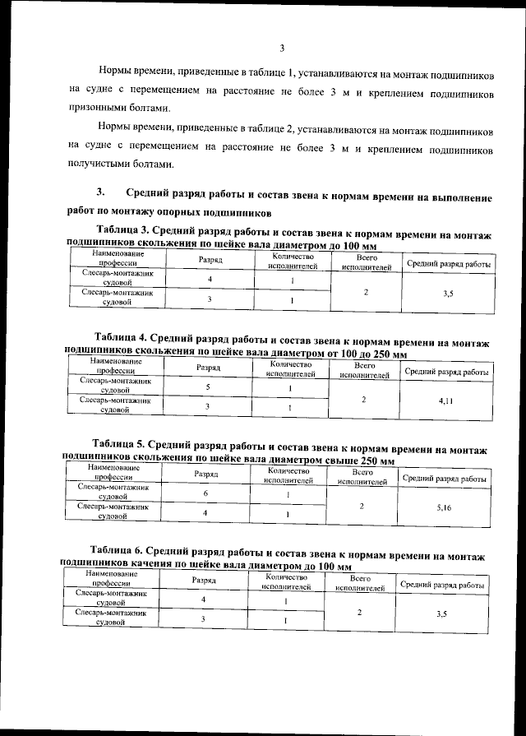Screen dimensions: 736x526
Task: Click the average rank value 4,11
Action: (x=445, y=400)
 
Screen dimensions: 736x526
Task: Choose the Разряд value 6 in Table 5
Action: (x=205, y=493)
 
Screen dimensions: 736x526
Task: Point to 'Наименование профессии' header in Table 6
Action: (x=104, y=576)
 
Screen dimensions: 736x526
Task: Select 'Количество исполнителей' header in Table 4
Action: (x=292, y=369)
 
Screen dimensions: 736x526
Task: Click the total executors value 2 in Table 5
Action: (x=362, y=507)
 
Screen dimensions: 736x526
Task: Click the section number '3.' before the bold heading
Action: (x=101, y=192)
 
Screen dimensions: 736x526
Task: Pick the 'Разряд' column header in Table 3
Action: (x=210, y=260)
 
